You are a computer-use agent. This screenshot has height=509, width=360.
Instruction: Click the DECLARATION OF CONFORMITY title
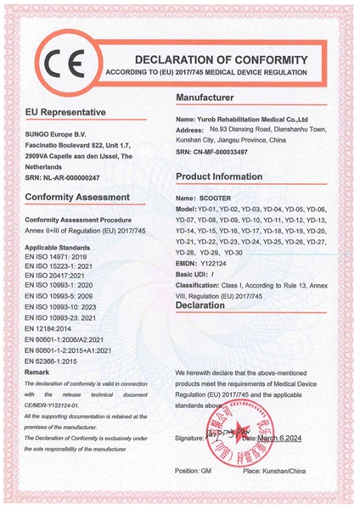(x=220, y=59)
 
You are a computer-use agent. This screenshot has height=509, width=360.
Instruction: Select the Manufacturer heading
(x=211, y=99)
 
